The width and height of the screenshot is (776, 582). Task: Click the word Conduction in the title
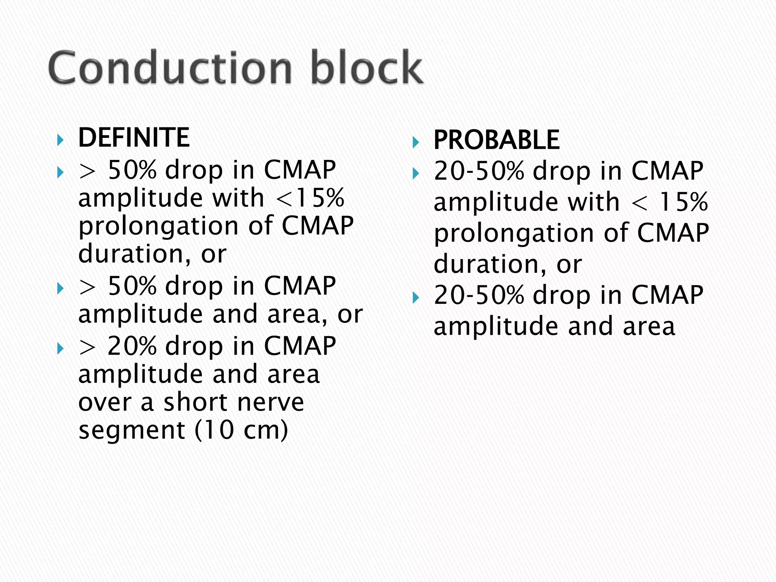[x=170, y=68]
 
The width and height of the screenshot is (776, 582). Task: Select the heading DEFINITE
[x=133, y=138]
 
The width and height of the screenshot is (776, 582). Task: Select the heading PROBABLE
[x=496, y=140]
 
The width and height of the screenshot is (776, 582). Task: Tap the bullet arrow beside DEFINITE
[x=60, y=141]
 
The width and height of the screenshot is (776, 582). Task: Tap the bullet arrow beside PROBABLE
[x=416, y=143]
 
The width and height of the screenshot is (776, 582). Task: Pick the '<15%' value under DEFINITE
[x=310, y=198]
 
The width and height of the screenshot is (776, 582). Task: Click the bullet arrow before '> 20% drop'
[x=60, y=349]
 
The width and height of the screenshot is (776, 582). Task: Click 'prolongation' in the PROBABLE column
[x=514, y=233]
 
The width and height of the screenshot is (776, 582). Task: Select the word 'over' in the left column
[x=105, y=402]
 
